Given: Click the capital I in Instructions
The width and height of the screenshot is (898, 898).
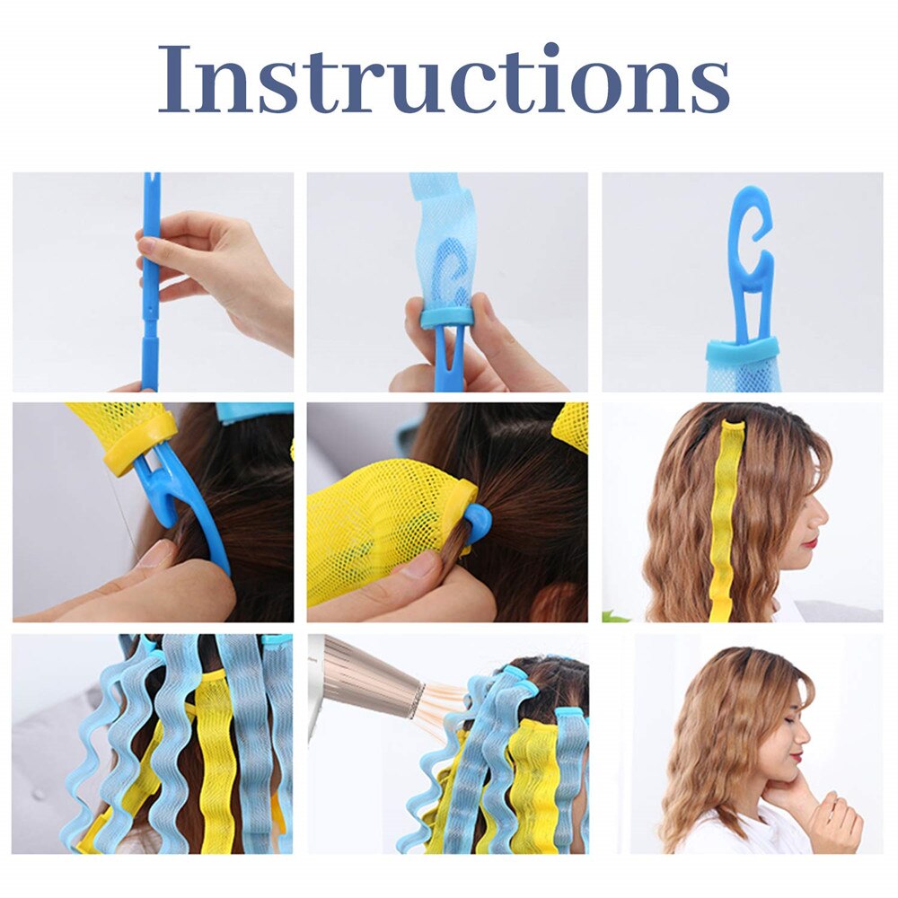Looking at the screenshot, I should (176, 79).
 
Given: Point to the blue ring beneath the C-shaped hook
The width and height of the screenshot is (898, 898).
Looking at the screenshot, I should (742, 349).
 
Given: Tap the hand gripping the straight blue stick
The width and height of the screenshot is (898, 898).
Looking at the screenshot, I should (224, 269).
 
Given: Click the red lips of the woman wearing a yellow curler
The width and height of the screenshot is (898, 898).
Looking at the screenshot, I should (811, 541).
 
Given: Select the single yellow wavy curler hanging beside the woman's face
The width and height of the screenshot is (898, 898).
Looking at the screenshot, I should (728, 521).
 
